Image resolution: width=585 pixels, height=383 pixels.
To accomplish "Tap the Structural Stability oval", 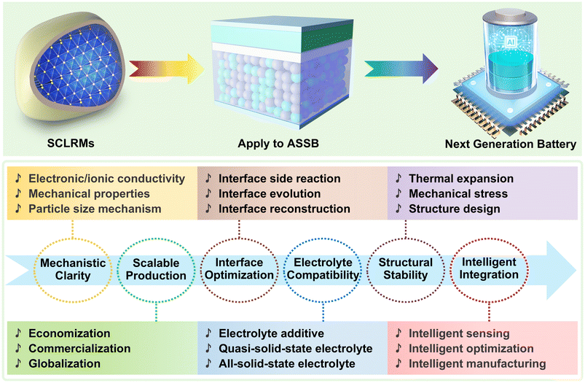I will (405, 269).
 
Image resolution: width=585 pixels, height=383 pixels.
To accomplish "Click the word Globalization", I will (66, 363).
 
